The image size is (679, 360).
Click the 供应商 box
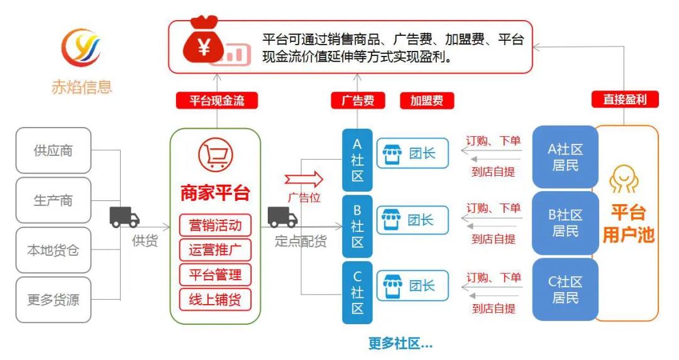pos(53,151)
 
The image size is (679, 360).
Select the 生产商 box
pos(53,200)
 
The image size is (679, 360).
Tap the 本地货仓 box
pos(53,250)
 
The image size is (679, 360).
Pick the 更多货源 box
pos(53,300)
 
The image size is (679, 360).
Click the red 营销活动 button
pos(215,225)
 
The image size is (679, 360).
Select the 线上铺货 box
pos(215,299)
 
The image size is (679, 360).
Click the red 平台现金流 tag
pos(217,101)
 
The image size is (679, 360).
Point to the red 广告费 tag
pos(358,101)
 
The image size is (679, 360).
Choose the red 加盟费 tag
pos(427,101)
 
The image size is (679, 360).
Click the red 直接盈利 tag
pos(624,99)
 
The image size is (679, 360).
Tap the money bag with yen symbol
pos(203,44)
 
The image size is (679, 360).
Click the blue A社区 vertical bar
pos(357,160)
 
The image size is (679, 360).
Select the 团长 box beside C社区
pos(413,286)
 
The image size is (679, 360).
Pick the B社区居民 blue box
pos(565,222)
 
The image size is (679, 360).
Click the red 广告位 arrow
pos(304,179)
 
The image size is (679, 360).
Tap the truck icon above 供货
pos(124,217)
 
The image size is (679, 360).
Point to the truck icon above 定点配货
pos(282,217)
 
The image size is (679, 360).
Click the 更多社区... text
pos(400,343)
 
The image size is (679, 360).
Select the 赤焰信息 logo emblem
pos(81,48)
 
